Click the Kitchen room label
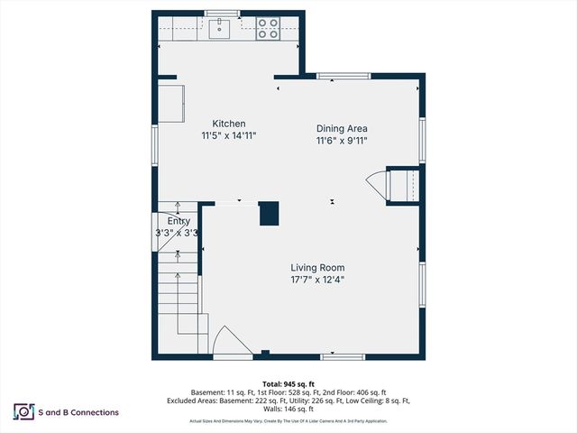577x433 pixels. pyautogui.click(x=228, y=124)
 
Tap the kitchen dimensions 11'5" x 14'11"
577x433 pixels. pyautogui.click(x=228, y=136)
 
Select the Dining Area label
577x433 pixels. pyautogui.click(x=342, y=128)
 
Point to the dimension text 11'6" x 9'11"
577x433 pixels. pyautogui.click(x=342, y=141)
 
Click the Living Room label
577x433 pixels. pyautogui.click(x=317, y=267)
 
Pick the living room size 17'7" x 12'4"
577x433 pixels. pyautogui.click(x=317, y=280)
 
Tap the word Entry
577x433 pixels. pyautogui.click(x=179, y=220)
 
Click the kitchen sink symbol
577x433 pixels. pyautogui.click(x=220, y=30)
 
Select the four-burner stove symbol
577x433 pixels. pyautogui.click(x=267, y=30)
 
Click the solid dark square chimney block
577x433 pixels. pyautogui.click(x=270, y=213)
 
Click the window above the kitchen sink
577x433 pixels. pyautogui.click(x=221, y=14)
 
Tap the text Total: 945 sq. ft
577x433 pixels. pyautogui.click(x=288, y=383)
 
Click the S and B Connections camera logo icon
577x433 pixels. pyautogui.click(x=23, y=412)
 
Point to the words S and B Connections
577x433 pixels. pyautogui.click(x=79, y=412)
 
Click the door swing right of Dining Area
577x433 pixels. pyautogui.click(x=377, y=187)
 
